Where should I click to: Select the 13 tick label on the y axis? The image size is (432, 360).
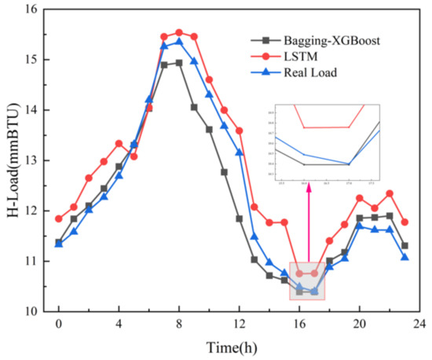point(31,160)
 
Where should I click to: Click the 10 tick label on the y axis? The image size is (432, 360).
point(31,312)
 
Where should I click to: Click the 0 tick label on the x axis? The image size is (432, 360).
point(58,324)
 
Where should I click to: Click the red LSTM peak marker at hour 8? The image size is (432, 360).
point(179,32)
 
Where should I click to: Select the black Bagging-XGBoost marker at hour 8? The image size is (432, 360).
point(179,63)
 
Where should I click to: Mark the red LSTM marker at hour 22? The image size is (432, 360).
point(390,193)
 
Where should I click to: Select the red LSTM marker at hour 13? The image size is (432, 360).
point(254,207)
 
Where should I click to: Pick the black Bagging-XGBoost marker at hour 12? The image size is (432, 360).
point(239,219)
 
